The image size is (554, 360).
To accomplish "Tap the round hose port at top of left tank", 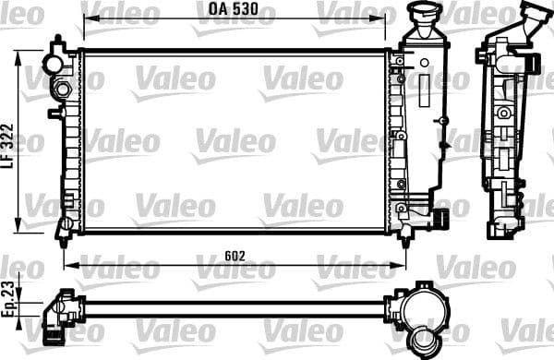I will (x=56, y=64).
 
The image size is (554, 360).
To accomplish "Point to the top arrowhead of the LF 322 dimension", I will (x=21, y=55).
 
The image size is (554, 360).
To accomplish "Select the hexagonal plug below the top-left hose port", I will (x=62, y=90).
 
